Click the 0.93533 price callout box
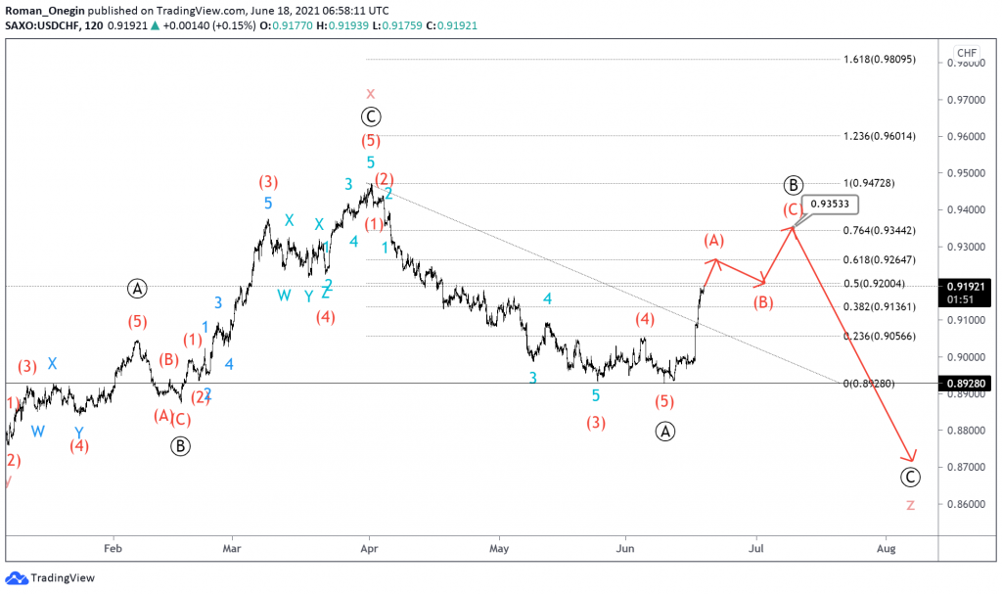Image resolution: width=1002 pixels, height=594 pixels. pos(831,205)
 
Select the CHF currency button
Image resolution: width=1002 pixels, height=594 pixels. pos(967,53)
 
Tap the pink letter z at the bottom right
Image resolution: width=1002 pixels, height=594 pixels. pos(910,505)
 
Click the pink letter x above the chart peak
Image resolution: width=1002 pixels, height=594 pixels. pos(370,94)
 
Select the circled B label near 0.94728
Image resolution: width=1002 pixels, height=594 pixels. pos(794,185)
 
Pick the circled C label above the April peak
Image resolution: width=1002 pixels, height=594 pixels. pos(370,117)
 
